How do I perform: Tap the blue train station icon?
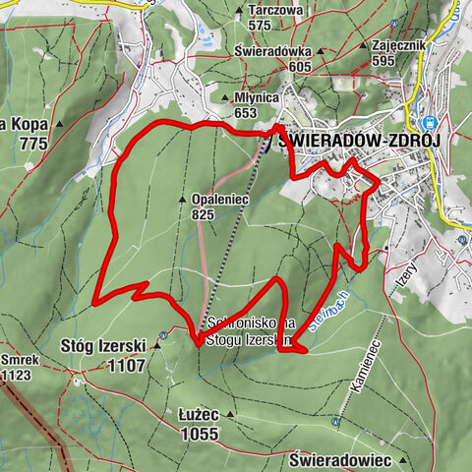tap(429, 123)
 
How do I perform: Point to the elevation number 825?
tap(204, 213)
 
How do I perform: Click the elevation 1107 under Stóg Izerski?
tap(128, 365)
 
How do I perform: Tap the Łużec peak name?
tap(199, 416)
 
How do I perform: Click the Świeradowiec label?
tap(341, 459)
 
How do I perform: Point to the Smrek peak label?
tap(19, 360)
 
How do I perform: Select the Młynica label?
tap(259, 98)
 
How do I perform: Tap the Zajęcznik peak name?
tap(397, 45)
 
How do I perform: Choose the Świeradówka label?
tap(273, 50)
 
